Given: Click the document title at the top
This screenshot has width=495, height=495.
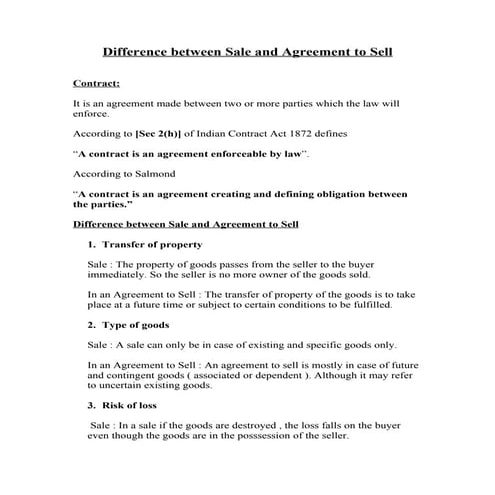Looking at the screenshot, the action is pyautogui.click(x=248, y=51).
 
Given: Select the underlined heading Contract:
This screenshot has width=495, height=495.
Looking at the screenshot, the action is pyautogui.click(x=97, y=84).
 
